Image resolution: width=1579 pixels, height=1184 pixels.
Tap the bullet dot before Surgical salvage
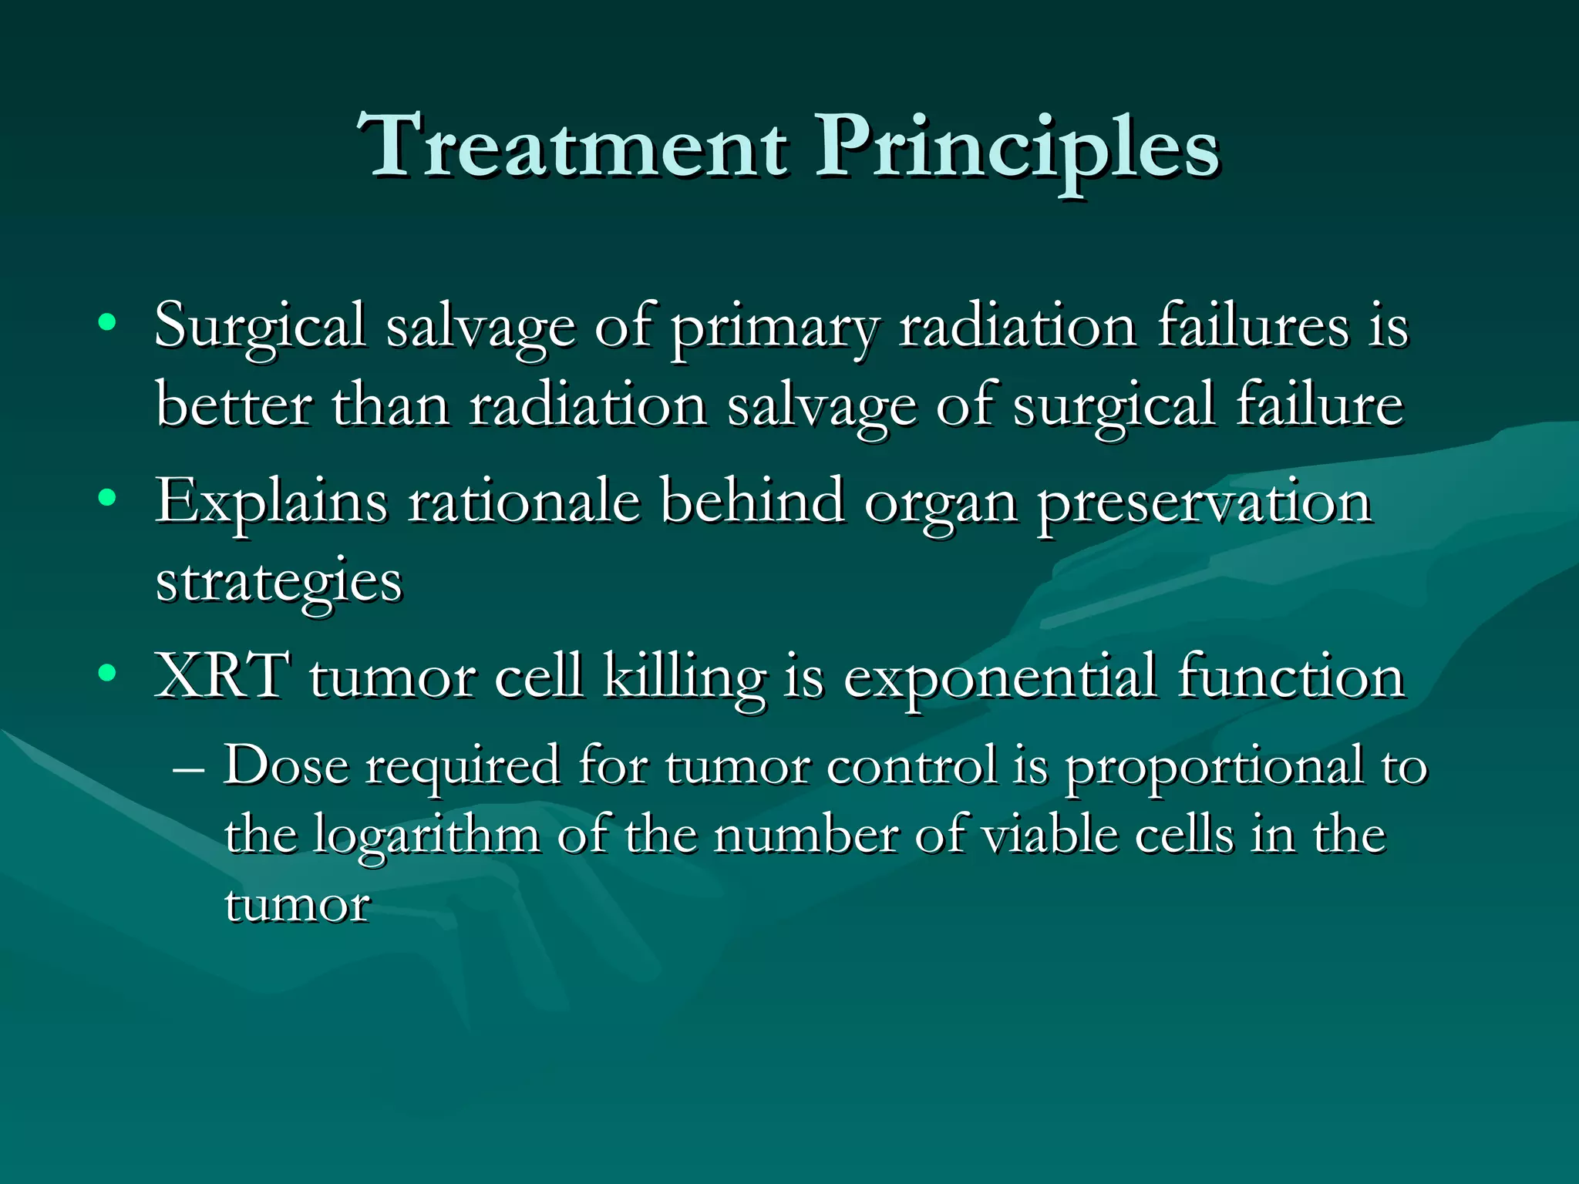[108, 321]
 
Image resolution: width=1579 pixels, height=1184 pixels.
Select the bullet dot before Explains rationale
[108, 498]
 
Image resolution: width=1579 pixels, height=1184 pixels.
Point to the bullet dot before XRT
[108, 673]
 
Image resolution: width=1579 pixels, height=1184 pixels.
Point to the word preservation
[1204, 505]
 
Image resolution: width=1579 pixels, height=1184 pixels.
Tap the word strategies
[278, 584]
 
